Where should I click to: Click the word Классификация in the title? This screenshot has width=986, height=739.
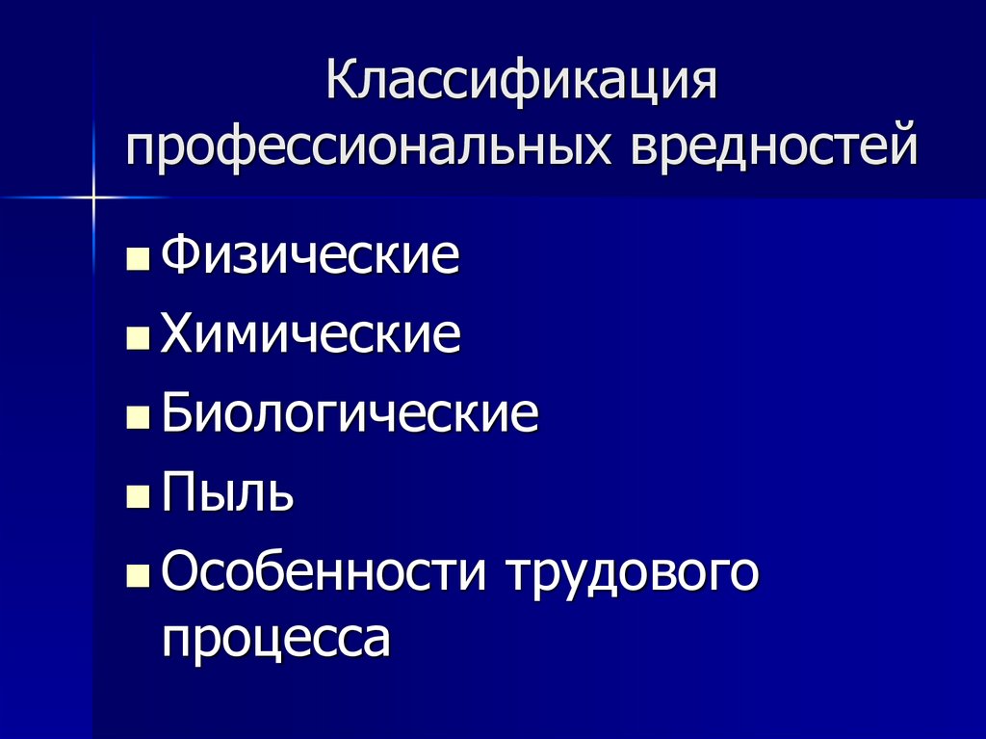(522, 84)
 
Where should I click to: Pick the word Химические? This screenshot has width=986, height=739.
(310, 335)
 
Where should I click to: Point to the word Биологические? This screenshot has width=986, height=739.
(350, 415)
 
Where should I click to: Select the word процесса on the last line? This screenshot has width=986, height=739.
(276, 639)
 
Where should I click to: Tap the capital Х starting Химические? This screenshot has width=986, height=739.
(178, 335)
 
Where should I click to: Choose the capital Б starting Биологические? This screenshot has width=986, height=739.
(178, 414)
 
